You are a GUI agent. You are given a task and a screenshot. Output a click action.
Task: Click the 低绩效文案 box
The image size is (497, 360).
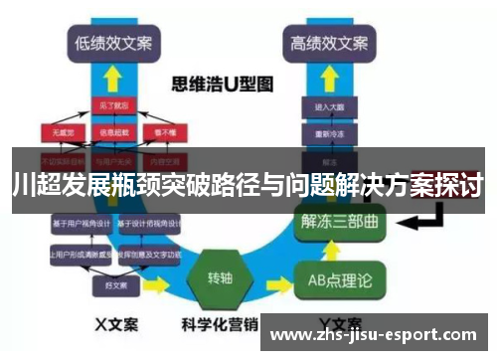coord(110,43)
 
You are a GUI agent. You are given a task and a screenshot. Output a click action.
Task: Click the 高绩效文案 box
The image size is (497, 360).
coord(329,43)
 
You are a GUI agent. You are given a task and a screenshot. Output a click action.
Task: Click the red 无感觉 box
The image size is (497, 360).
coord(63,130)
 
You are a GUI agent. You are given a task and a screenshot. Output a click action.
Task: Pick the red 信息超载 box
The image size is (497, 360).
coord(111,130)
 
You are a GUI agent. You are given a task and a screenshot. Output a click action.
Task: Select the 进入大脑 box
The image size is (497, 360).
coord(329,106)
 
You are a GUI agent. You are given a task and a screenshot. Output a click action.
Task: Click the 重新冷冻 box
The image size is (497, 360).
coord(329,130)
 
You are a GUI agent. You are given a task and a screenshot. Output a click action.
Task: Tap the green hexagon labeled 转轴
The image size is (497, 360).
coord(220,275)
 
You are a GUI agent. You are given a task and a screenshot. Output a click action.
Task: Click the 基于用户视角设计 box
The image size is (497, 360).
coord(83,224)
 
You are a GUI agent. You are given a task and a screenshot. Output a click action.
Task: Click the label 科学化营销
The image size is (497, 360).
coord(220,324)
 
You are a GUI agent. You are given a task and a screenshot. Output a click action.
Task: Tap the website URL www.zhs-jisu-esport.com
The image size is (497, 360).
coord(379,335)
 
